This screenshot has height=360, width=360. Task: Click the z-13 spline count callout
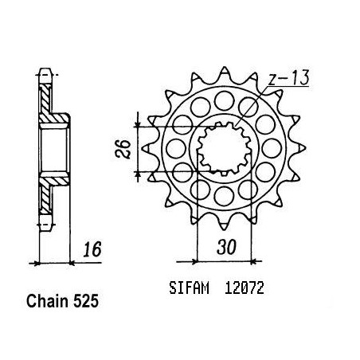(288, 78)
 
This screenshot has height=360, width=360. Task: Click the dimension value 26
(123, 149)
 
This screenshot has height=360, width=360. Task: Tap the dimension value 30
(226, 247)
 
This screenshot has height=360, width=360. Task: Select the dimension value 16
(92, 249)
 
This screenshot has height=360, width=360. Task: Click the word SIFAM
(189, 288)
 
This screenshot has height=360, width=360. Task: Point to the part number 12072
(245, 288)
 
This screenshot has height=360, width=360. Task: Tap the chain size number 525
(86, 301)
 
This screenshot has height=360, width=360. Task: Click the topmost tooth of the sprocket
(225, 72)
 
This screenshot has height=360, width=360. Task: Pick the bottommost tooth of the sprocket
(225, 224)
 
